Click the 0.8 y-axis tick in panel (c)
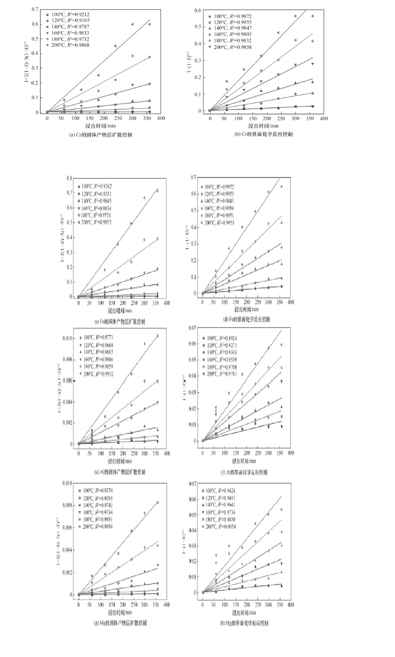tap(69, 178)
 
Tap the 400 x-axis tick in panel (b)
tap(323, 118)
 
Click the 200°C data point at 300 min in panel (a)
tap(132, 24)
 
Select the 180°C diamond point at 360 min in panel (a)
tap(149, 57)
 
